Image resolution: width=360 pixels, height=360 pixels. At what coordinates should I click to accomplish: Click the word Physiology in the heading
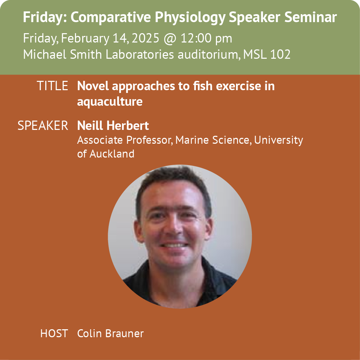[190, 18]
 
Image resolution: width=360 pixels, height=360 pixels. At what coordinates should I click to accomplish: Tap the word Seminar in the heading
[310, 17]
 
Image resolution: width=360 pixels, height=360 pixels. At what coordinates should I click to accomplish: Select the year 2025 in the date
[145, 38]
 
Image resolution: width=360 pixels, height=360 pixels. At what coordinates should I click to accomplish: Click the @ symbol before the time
[170, 39]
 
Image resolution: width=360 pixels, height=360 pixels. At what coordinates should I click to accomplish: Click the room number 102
[280, 54]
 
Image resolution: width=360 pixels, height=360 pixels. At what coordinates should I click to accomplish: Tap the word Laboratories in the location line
[140, 54]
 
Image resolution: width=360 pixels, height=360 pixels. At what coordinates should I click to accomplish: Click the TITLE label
[53, 86]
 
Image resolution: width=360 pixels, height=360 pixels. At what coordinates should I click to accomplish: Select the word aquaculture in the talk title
[110, 102]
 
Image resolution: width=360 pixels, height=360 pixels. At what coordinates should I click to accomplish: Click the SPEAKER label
[43, 126]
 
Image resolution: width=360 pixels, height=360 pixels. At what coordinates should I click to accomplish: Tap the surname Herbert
[127, 126]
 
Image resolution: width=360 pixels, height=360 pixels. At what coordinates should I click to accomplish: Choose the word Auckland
[112, 154]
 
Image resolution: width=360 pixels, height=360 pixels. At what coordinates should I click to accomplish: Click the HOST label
[54, 333]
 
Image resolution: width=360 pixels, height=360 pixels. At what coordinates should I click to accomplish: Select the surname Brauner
[124, 333]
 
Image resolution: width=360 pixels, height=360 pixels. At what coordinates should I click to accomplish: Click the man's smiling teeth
[174, 245]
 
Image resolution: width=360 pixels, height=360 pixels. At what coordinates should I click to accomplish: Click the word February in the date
[85, 38]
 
